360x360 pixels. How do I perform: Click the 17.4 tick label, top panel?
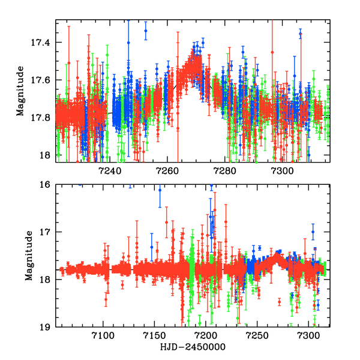click(42, 43)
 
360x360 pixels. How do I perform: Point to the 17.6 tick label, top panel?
click(42, 80)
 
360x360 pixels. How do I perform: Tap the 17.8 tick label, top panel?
click(42, 118)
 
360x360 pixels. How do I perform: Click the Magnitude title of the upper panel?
click(20, 91)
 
